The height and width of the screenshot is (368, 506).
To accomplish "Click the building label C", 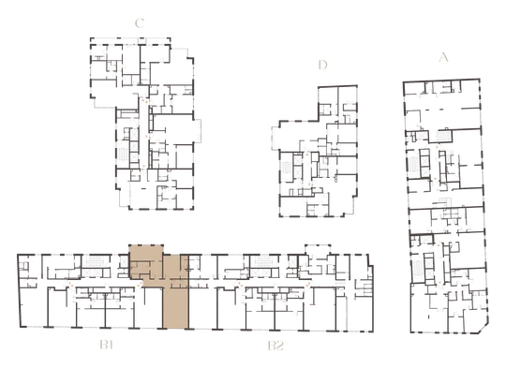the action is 140,23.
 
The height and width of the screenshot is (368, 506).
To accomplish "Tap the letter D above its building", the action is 322,65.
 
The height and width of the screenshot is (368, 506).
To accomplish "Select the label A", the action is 444,57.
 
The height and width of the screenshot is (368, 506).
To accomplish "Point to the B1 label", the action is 106,346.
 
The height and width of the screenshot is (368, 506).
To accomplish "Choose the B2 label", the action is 275,346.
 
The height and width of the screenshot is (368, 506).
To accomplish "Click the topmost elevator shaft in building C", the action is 134,134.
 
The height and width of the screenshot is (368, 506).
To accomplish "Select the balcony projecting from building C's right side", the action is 197,130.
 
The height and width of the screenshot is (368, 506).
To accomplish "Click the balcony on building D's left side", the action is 275,139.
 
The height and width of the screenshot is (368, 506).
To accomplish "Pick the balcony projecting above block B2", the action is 318,250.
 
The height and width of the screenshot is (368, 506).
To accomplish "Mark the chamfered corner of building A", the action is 484,328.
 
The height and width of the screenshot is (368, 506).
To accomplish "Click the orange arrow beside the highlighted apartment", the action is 141,284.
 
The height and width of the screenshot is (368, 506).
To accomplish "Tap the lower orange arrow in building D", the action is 309,184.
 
